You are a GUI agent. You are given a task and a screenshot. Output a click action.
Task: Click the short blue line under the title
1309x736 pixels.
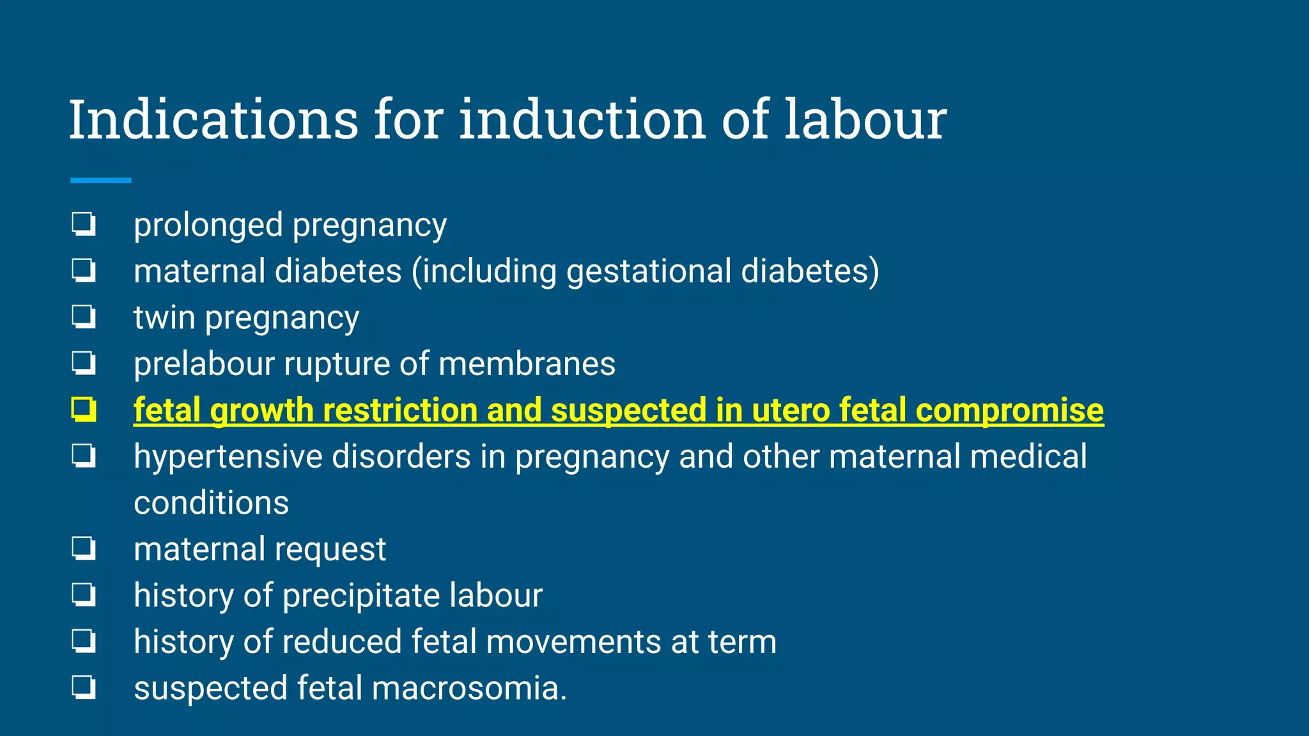100,181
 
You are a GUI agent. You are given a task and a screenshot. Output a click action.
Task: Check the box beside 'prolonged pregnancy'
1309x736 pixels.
84,224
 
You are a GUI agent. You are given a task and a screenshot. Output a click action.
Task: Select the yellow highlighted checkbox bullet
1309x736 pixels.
84,410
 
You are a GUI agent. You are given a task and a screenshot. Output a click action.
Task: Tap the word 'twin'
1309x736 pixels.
164,318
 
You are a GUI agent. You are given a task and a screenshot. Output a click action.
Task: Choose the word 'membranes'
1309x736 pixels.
527,364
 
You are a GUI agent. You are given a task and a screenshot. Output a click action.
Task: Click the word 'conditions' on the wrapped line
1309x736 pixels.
211,503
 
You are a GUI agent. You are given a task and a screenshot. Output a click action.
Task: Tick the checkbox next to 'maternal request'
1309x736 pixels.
84,548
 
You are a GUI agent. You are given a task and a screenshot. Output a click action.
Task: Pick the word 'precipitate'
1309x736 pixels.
360,595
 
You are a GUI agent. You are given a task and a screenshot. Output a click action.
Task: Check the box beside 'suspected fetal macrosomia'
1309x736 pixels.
84,687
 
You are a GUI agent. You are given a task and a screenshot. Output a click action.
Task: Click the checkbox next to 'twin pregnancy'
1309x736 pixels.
84,317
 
